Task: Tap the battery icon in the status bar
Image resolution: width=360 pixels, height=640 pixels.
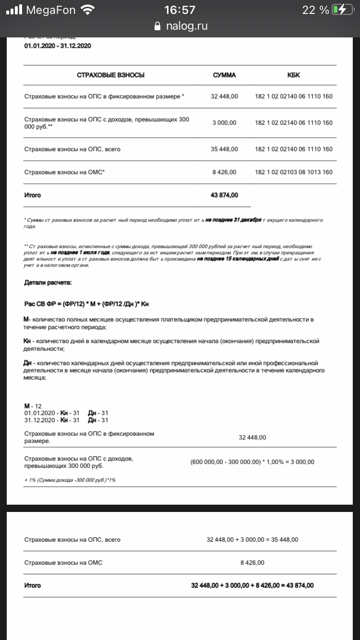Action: click(x=341, y=10)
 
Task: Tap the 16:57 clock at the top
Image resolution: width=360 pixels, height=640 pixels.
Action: click(x=180, y=10)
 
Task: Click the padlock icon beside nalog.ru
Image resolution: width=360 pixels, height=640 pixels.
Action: click(x=157, y=26)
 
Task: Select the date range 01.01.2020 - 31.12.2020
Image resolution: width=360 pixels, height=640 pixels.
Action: click(x=58, y=46)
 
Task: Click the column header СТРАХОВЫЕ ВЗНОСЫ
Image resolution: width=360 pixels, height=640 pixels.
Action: click(x=111, y=75)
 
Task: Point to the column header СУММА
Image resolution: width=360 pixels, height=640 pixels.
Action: click(x=224, y=75)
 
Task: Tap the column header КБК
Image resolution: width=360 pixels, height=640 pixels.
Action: click(x=294, y=75)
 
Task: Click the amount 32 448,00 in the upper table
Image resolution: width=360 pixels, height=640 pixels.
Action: click(x=224, y=96)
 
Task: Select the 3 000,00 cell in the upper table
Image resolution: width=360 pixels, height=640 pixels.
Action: click(x=224, y=123)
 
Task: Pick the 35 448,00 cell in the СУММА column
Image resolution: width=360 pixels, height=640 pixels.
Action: click(x=224, y=149)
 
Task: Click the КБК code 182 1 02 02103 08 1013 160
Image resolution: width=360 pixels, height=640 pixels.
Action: click(x=294, y=172)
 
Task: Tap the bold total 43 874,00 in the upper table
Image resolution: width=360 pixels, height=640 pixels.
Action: click(x=224, y=195)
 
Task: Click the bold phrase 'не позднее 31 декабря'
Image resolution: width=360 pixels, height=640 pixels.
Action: click(x=233, y=220)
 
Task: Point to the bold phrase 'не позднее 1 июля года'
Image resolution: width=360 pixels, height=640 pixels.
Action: click(x=80, y=252)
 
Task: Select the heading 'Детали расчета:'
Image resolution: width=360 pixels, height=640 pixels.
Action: click(x=48, y=283)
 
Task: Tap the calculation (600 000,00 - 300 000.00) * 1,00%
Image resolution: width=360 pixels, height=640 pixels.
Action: click(x=252, y=462)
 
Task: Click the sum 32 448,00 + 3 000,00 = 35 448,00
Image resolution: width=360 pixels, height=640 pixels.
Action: click(x=252, y=540)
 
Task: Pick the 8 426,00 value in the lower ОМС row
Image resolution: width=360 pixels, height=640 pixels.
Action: click(x=252, y=563)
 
